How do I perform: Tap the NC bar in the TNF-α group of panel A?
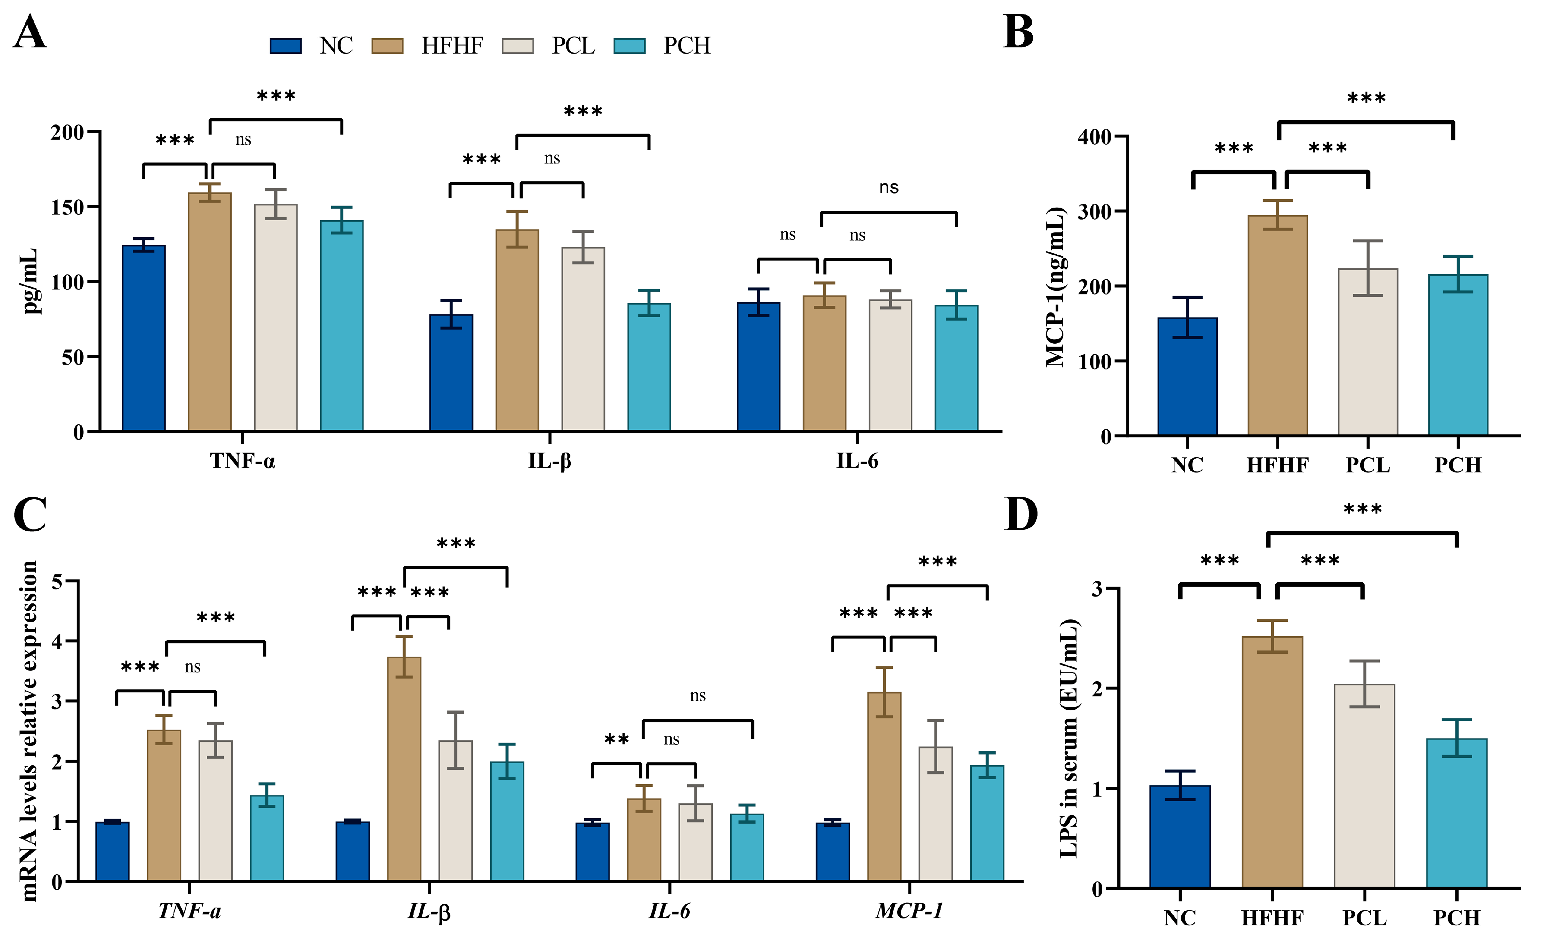(x=144, y=338)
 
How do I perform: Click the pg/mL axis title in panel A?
(x=29, y=281)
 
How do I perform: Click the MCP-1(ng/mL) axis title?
(x=1055, y=287)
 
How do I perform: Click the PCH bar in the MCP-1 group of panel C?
(x=987, y=823)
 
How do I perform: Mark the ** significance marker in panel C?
(x=617, y=740)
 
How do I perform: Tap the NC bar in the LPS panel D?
(x=1180, y=837)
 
